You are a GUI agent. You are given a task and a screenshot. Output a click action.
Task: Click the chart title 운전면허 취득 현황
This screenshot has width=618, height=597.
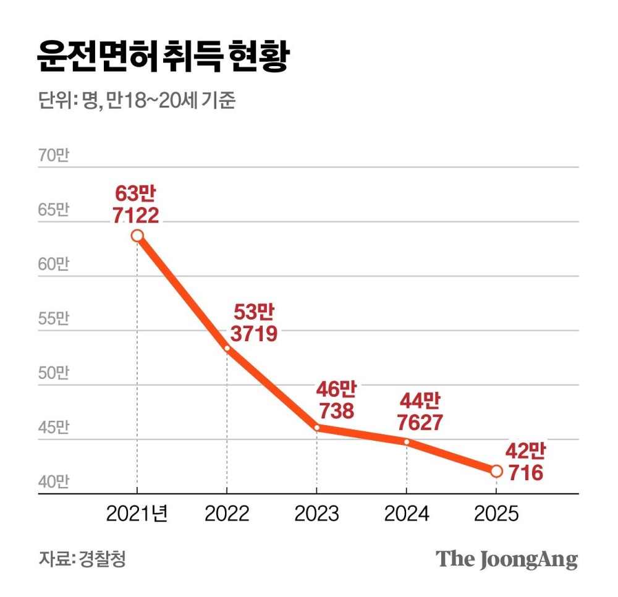[163, 57]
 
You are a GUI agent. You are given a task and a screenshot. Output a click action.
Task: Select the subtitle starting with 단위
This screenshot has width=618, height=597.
[137, 101]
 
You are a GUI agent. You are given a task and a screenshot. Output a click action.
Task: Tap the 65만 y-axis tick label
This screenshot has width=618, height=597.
[54, 210]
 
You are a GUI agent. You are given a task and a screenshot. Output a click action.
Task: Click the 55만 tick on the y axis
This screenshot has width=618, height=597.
[54, 319]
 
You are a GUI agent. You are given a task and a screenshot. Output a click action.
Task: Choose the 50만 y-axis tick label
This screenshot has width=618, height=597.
[54, 373]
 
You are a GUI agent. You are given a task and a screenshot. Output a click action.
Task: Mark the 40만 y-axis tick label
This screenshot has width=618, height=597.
[54, 482]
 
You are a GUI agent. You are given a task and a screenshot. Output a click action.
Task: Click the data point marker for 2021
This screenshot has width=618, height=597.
[137, 235]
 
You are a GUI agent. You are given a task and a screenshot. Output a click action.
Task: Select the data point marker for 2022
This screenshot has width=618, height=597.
[227, 349]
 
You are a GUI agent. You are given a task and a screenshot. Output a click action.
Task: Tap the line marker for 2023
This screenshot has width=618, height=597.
[316, 427]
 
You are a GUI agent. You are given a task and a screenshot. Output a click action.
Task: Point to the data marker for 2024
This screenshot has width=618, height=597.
[406, 442]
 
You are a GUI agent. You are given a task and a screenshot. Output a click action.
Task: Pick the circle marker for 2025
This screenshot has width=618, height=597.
[496, 471]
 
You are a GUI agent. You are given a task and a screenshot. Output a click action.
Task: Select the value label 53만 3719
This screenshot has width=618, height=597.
[254, 323]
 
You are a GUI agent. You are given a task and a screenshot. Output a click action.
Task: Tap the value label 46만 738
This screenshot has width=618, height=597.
[337, 400]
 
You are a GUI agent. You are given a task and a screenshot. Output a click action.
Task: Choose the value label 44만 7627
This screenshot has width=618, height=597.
[420, 412]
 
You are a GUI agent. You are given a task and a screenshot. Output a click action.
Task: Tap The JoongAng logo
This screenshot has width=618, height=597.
[507, 559]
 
